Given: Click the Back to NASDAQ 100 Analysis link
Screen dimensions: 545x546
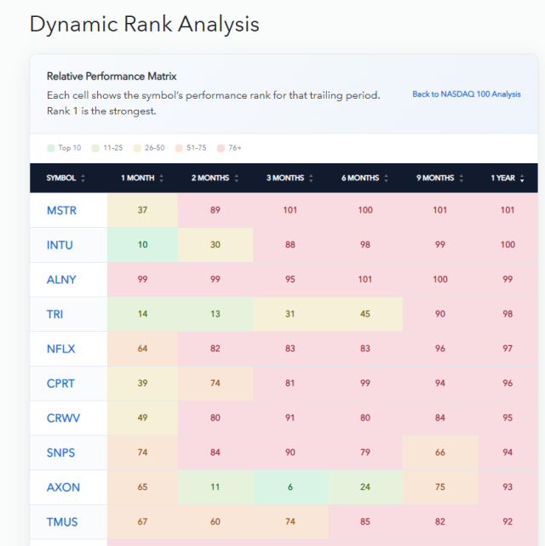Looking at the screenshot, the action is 466,94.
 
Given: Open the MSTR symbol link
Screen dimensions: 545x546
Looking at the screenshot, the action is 61,210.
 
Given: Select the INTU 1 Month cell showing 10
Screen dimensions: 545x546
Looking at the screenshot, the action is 142,245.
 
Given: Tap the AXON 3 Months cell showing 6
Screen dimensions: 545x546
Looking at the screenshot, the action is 290,486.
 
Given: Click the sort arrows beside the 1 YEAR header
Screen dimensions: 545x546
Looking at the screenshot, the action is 522,179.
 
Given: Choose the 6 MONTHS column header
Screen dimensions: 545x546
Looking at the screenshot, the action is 360,178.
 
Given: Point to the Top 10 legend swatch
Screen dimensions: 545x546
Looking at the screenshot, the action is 51,148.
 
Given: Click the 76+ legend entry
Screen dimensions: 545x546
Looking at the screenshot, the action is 229,148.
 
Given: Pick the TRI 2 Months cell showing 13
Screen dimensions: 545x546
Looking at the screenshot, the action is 215,314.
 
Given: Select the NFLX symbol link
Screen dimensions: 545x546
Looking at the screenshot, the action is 60,349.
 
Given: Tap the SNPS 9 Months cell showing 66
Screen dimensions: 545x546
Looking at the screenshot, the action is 440,452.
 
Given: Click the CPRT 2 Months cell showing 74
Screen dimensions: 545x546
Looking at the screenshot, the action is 215,383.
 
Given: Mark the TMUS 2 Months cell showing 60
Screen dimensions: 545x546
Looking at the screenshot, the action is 215,521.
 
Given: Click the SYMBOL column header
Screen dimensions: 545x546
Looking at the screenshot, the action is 61,178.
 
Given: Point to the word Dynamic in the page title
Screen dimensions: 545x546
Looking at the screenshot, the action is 74,25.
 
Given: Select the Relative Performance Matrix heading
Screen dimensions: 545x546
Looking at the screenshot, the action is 112,77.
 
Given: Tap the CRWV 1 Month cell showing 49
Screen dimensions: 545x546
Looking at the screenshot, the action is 142,418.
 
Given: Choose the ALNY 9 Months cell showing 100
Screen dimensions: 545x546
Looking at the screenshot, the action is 440,279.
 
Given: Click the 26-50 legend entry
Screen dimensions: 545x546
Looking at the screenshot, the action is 149,148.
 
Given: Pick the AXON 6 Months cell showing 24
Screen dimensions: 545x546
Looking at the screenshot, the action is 365,486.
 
